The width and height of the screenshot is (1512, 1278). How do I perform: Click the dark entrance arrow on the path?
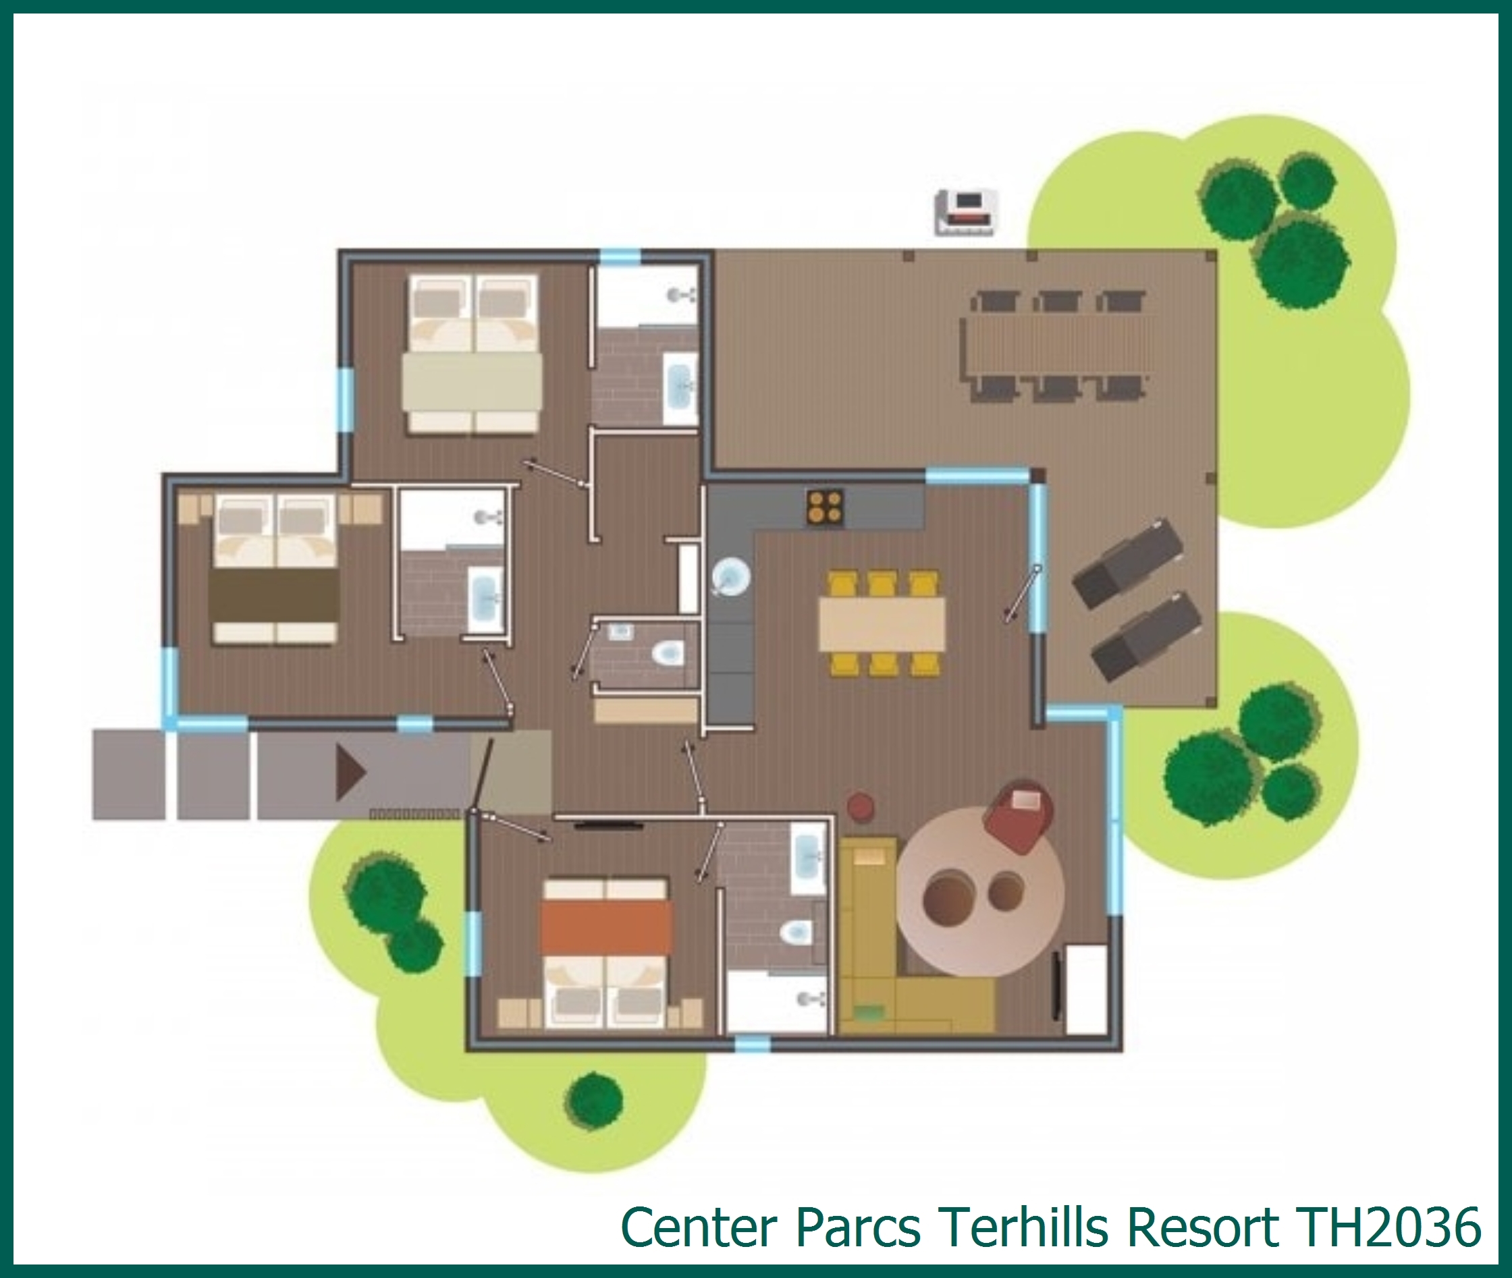pyautogui.click(x=350, y=773)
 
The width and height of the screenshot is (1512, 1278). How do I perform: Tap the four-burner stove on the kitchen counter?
pyautogui.click(x=825, y=507)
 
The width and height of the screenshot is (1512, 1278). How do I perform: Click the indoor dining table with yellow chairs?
pyautogui.click(x=882, y=623)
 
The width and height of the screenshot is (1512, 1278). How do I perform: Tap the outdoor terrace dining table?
pyautogui.click(x=1058, y=345)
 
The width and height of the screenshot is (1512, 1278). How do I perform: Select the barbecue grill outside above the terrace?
pyautogui.click(x=966, y=212)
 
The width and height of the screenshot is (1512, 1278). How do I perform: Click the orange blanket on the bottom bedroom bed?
pyautogui.click(x=605, y=926)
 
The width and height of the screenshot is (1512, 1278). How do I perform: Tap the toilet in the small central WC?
pyautogui.click(x=668, y=653)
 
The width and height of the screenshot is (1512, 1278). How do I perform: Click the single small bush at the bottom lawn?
pyautogui.click(x=595, y=1101)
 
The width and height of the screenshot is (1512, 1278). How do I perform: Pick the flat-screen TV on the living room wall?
pyautogui.click(x=1058, y=987)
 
